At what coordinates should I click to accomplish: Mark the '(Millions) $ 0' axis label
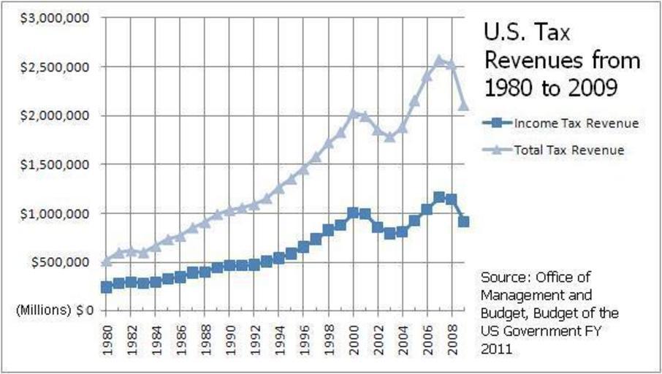pyautogui.click(x=53, y=310)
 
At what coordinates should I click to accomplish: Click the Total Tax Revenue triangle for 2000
pyautogui.click(x=354, y=113)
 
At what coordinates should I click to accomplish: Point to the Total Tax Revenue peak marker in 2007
pyautogui.click(x=440, y=60)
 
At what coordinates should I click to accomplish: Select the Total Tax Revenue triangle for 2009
pyautogui.click(x=463, y=105)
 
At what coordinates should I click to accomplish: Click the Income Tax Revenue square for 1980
pyautogui.click(x=107, y=287)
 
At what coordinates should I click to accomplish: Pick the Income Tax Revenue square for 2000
pyautogui.click(x=354, y=213)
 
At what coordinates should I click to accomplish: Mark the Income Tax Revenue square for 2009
pyautogui.click(x=463, y=221)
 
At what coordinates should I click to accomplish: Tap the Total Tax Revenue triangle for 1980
pyautogui.click(x=107, y=261)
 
